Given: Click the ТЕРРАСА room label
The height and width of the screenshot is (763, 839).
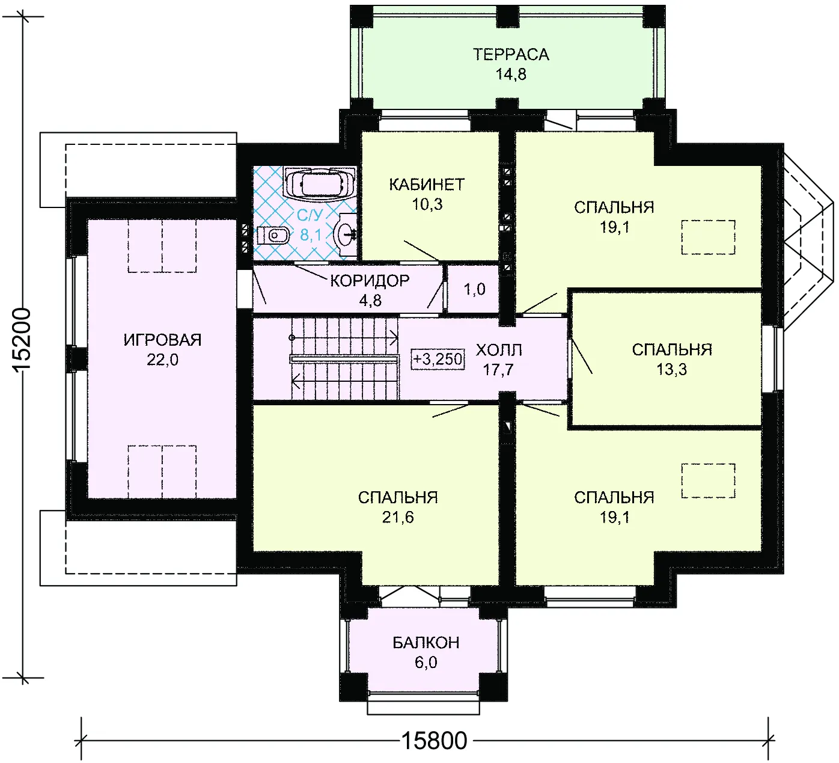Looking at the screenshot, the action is pos(511,54).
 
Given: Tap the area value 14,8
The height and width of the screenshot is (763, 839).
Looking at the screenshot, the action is pos(511,75).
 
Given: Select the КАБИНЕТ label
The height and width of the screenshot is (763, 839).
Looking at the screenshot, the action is pos(427,185).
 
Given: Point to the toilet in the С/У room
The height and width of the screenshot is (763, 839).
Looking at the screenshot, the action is pos(273,236).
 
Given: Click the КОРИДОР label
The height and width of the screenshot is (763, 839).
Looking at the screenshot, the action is pos(370,281).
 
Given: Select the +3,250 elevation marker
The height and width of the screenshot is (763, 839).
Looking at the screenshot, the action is pos(438,359).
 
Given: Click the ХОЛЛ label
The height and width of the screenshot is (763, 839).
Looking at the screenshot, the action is pos(499,350).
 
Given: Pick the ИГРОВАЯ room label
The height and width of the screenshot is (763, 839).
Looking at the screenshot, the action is pos(162,340).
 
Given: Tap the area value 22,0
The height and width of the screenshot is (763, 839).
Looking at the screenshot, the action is pos(162,360).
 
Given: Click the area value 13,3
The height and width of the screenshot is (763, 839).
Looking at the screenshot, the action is pos(671,370).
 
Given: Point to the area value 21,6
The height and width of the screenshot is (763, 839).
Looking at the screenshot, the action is pos(398,517).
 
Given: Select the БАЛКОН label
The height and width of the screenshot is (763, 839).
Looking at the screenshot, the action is pos(426,643).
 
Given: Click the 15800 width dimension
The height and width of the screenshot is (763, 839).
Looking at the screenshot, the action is pos(434,741).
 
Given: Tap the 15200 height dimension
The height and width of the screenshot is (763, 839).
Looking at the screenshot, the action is pos(21,340).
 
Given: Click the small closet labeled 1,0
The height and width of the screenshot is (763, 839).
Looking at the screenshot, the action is pos(474,289).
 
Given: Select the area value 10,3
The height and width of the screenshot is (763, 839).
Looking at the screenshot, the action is pos(427,204).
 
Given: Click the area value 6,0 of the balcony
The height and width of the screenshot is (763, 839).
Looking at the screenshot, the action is pos(426,662).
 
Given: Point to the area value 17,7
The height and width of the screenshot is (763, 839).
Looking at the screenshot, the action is pos(498,370).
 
